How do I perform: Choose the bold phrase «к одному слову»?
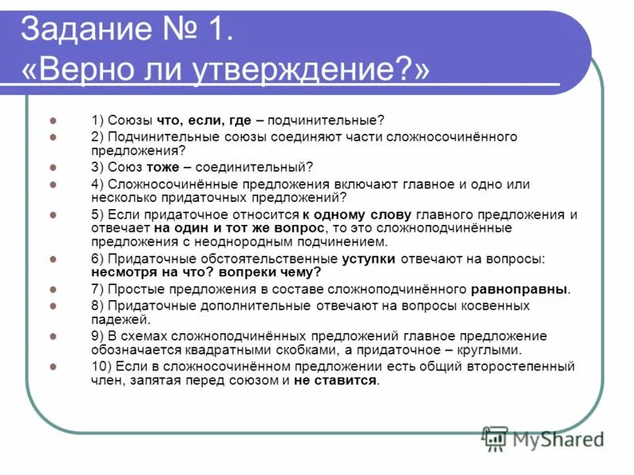point(356,215)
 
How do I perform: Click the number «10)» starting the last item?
point(102,367)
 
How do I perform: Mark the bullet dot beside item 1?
point(53,120)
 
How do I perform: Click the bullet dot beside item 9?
point(53,336)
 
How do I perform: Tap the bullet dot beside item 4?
point(53,184)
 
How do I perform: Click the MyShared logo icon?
point(495,438)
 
